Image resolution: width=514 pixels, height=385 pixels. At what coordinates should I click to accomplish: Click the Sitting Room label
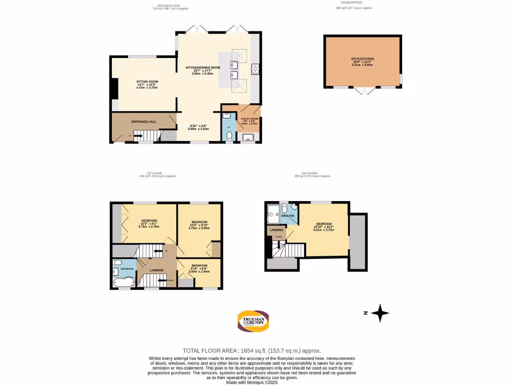148,81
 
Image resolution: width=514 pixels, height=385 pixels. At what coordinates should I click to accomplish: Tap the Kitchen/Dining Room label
203,67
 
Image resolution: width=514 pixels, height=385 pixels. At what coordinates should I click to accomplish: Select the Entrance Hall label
144,122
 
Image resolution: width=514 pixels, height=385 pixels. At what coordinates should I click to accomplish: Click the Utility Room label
249,119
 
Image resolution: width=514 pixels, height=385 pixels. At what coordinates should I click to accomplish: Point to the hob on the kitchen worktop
254,69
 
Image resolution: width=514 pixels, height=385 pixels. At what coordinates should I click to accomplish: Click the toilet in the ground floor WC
229,135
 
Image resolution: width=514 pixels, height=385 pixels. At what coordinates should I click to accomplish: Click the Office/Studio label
362,59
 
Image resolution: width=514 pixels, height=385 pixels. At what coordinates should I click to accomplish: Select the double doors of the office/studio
362,91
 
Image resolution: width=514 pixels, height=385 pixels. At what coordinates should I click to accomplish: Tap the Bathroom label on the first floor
127,269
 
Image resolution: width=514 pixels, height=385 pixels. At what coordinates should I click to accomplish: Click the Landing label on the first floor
157,271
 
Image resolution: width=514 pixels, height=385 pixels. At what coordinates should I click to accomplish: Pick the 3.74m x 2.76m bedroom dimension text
149,226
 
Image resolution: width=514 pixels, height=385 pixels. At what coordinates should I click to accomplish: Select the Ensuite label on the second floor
288,216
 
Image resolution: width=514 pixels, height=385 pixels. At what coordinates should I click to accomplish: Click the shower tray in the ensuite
274,212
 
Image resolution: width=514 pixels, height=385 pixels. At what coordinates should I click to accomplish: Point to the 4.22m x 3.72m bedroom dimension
324,230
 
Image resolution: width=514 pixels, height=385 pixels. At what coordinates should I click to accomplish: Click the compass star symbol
380,313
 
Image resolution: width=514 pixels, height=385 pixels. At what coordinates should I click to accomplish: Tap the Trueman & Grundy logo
253,321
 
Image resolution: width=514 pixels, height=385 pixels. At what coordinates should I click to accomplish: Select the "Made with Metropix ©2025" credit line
252,382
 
